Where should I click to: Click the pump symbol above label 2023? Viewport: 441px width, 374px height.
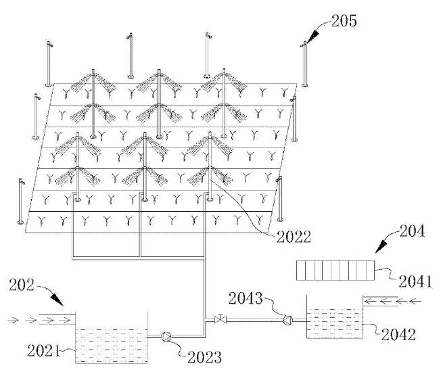[165, 334]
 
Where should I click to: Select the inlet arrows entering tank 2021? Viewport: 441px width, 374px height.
[47, 316]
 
